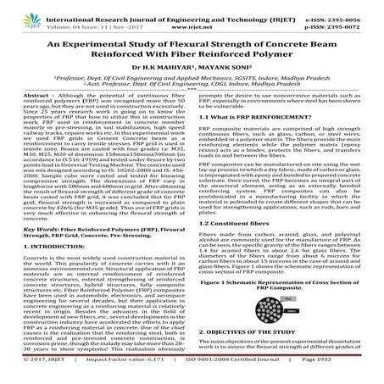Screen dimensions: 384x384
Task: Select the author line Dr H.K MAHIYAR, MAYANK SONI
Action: [x=192, y=80]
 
